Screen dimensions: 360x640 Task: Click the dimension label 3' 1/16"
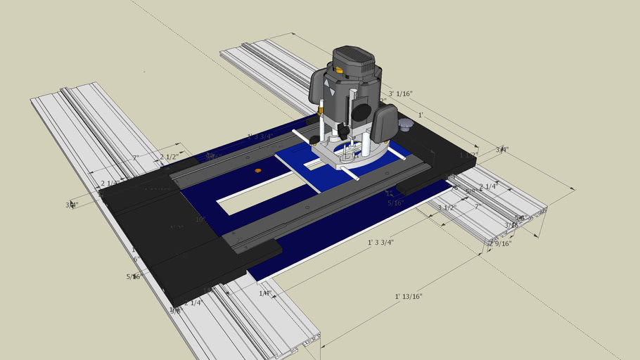(x=399, y=93)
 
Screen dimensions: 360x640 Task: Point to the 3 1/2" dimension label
(x=447, y=207)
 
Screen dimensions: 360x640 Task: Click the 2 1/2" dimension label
(x=169, y=157)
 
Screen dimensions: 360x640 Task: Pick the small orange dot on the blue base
(x=257, y=170)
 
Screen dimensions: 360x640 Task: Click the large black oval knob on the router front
(x=361, y=111)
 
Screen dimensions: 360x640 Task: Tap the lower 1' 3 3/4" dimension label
(x=380, y=243)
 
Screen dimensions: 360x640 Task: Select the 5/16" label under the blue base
(x=396, y=203)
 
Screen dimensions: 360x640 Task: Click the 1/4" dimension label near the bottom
(x=265, y=293)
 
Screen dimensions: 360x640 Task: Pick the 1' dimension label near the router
(x=421, y=115)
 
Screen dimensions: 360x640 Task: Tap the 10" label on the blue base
(x=200, y=219)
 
